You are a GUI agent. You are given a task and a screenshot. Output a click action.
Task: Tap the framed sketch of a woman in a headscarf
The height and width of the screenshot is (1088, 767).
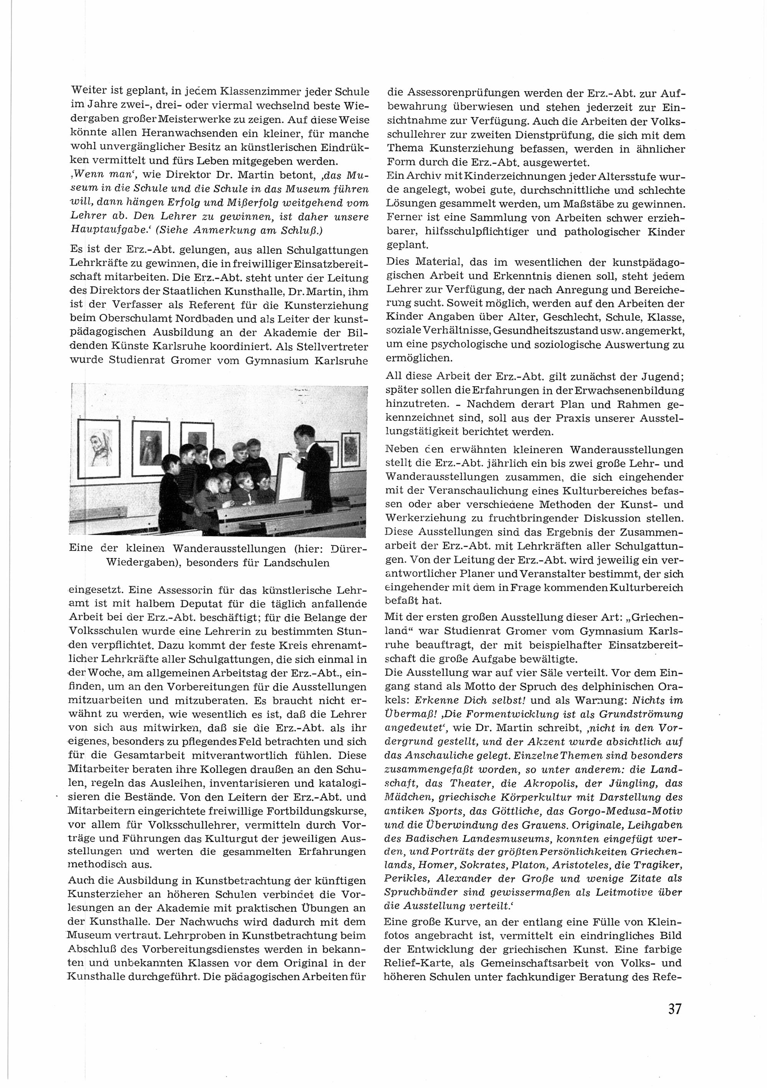tap(99, 447)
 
